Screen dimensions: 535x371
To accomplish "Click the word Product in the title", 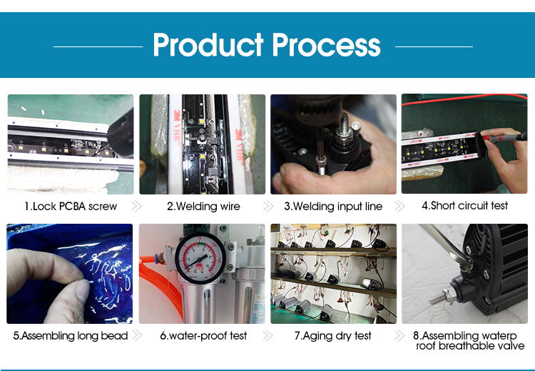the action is [208, 45].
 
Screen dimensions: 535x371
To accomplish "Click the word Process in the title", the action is [326, 45].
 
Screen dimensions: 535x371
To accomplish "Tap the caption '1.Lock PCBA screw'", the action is [71, 206].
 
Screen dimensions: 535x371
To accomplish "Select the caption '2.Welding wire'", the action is [203, 206].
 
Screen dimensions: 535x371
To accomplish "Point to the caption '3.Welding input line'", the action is [333, 206].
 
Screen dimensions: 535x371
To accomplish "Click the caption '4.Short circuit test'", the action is [464, 205].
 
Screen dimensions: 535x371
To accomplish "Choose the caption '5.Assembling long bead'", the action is [71, 336].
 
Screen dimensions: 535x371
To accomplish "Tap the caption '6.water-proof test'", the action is [203, 336].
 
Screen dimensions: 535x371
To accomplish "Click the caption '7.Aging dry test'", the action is [332, 336].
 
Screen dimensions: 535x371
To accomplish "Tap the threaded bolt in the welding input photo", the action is [342, 127].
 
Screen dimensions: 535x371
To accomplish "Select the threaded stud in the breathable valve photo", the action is [440, 297].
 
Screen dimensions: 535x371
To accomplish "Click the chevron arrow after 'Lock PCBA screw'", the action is [136, 206].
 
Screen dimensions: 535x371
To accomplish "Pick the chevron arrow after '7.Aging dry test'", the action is [399, 336].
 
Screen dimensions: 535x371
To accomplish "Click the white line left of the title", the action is [98, 46].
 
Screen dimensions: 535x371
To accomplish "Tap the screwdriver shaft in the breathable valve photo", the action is [442, 243].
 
